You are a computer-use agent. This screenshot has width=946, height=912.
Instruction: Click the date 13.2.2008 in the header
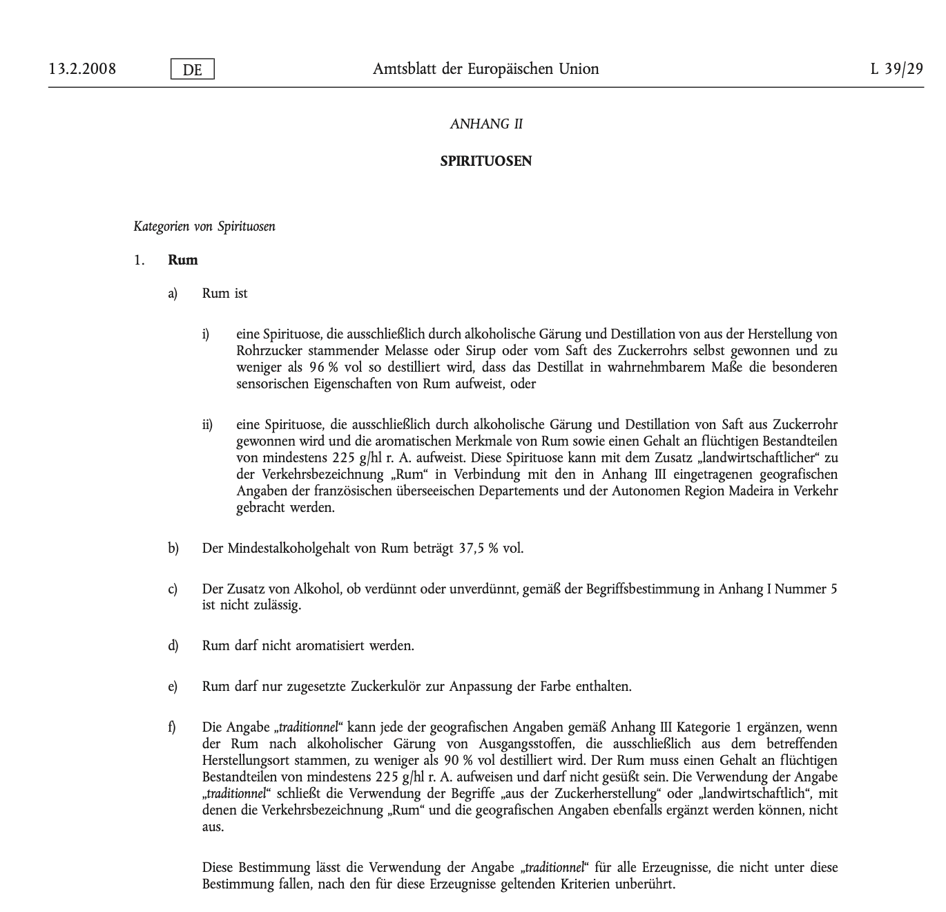(82, 69)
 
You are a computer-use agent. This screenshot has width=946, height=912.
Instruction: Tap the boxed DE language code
(193, 70)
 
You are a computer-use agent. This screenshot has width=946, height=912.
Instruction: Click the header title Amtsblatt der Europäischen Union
(486, 69)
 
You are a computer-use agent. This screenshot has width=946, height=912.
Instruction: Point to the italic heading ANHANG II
(486, 124)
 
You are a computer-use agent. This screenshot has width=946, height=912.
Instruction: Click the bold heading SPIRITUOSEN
(486, 162)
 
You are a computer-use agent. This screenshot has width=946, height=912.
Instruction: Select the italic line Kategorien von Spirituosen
(204, 227)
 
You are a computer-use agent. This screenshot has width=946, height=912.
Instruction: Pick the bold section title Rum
(183, 260)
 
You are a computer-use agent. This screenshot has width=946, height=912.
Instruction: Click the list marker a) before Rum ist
(173, 294)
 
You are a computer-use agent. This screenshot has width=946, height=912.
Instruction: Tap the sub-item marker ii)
(207, 425)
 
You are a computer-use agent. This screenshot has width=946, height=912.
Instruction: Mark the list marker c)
(173, 589)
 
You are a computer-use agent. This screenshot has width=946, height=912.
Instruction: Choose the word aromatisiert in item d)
(331, 646)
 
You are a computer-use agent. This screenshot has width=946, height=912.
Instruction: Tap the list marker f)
(172, 728)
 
